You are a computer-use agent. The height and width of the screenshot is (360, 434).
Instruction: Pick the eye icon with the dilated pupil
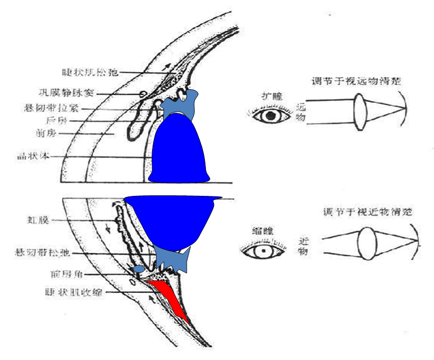(271, 116)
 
